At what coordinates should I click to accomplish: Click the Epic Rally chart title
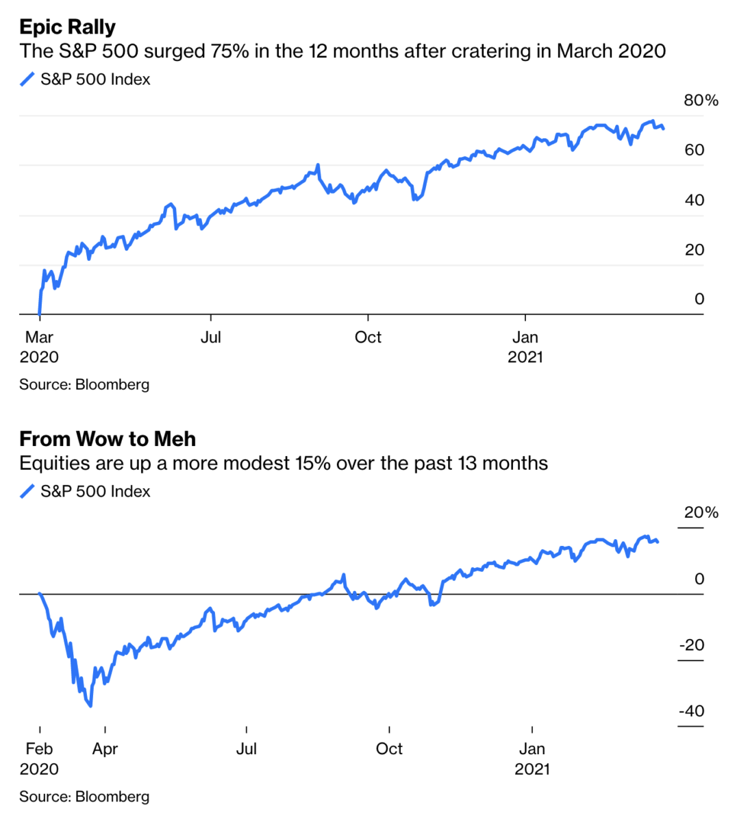(x=67, y=27)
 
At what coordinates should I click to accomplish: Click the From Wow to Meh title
(x=108, y=439)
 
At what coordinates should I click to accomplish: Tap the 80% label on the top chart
(x=701, y=101)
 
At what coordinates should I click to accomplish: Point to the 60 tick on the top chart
(x=694, y=150)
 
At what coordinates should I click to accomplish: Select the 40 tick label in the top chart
(x=694, y=200)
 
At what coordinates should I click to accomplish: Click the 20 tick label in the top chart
(x=694, y=249)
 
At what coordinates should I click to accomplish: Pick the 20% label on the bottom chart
(x=701, y=513)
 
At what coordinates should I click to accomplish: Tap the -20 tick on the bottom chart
(x=691, y=645)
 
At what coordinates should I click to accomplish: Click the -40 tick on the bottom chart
(x=691, y=711)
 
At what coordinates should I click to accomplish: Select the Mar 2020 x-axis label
(x=39, y=347)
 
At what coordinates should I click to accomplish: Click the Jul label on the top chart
(x=210, y=337)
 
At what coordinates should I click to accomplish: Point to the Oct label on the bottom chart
(x=389, y=749)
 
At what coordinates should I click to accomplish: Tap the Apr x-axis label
(x=105, y=749)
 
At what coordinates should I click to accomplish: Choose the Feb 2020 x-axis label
(x=39, y=758)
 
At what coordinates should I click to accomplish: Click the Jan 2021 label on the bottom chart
(x=532, y=758)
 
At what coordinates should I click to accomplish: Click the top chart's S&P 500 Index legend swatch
(x=27, y=79)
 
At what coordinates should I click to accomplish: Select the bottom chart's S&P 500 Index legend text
(x=95, y=491)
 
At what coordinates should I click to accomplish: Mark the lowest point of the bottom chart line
(x=90, y=706)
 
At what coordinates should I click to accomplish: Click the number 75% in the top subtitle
(x=229, y=51)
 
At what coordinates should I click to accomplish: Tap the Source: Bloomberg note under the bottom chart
(x=84, y=797)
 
